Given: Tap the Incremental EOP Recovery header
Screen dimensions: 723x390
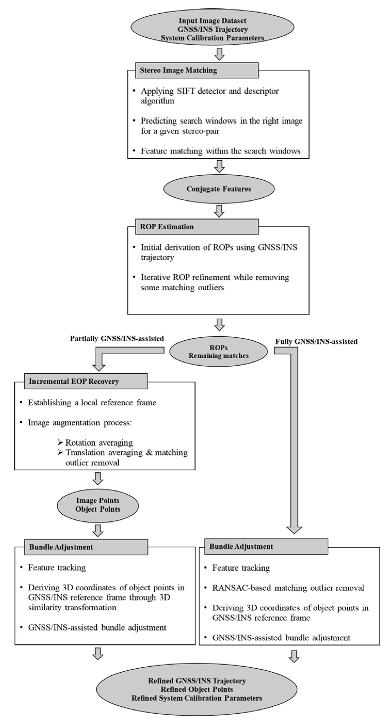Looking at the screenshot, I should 86,381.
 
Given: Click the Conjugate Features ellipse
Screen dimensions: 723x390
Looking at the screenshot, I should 219,189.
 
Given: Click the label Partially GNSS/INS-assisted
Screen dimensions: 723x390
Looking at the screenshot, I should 117,338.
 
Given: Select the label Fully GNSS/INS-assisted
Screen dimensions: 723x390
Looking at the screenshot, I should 316,342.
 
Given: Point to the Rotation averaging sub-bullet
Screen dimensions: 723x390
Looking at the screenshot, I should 99,443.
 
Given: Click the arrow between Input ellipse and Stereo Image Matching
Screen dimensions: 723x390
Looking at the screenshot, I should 219,54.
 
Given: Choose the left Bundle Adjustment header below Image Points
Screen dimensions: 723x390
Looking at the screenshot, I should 86,547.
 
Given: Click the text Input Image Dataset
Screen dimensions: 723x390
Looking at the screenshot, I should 212,21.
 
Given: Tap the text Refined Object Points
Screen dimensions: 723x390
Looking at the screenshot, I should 197,689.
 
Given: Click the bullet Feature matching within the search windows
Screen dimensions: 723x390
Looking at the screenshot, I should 220,151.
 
